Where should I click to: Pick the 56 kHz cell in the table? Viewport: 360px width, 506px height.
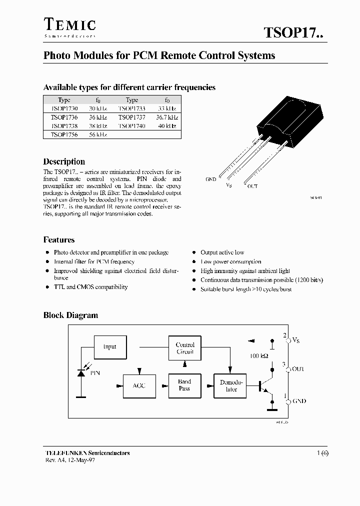click(97, 135)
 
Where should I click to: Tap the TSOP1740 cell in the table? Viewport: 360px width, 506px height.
click(131, 126)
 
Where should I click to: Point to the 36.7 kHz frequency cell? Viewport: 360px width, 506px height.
click(166, 117)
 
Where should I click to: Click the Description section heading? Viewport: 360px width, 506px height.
click(64, 161)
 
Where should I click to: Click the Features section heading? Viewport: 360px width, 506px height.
click(59, 240)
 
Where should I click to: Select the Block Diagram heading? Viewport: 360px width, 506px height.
click(70, 315)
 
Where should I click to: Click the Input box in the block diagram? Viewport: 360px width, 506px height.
click(109, 346)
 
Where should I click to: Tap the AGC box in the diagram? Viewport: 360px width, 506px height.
click(139, 385)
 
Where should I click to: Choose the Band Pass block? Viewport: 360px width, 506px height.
click(184, 385)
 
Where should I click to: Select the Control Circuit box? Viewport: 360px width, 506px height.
click(185, 348)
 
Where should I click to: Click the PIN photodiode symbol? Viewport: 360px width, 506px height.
click(81, 372)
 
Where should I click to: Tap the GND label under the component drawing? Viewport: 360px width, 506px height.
click(210, 179)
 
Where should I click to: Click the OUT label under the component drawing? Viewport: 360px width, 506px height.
click(252, 186)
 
